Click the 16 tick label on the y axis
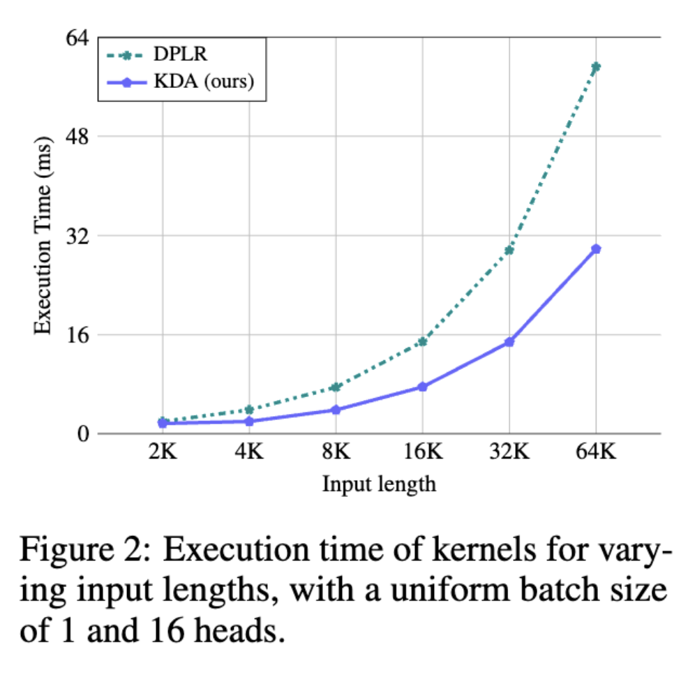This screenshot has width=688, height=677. tap(78, 334)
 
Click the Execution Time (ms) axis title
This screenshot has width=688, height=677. tap(43, 235)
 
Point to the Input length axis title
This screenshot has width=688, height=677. tap(379, 484)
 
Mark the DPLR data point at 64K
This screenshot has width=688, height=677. tap(596, 67)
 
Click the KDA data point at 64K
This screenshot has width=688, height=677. tap(596, 249)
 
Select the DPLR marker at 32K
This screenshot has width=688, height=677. tap(509, 250)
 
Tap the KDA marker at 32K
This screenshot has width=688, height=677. tap(509, 342)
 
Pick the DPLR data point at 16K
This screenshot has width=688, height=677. tap(422, 341)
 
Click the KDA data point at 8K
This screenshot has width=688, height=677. tap(336, 410)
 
